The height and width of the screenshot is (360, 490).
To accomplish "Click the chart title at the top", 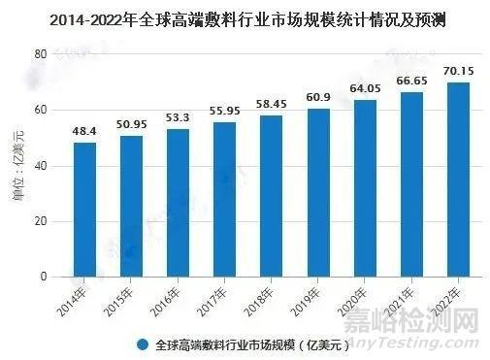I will point(245,17).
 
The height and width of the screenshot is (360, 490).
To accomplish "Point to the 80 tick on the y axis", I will point(42,54).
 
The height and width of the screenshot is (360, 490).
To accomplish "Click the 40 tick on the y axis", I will point(42,166).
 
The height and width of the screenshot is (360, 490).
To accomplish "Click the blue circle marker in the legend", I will point(143,344).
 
